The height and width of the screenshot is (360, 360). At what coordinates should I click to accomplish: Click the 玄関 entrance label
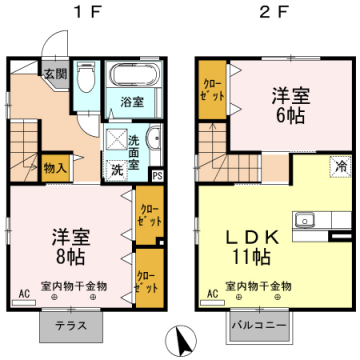(54, 75)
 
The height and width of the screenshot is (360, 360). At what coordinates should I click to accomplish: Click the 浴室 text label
(132, 101)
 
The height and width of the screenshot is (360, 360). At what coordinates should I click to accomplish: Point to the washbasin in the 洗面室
(152, 141)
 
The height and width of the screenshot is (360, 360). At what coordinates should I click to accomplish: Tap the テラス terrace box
(70, 327)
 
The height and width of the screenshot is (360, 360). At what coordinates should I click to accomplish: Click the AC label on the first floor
(23, 294)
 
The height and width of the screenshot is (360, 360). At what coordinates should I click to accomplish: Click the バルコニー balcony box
(260, 327)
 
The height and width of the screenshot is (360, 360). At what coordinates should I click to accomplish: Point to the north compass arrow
(183, 340)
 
